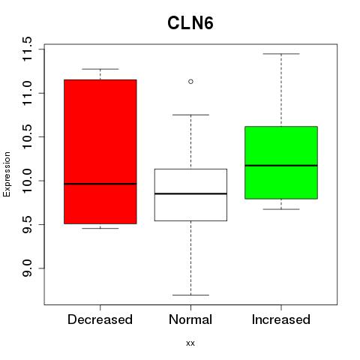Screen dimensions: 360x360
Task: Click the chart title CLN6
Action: click(x=190, y=23)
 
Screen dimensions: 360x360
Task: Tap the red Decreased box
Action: click(x=100, y=151)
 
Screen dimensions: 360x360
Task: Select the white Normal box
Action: click(x=190, y=195)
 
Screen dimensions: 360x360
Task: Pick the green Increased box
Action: click(x=281, y=163)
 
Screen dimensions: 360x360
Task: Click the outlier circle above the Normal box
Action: click(x=190, y=82)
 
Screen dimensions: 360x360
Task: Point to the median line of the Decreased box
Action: click(x=100, y=184)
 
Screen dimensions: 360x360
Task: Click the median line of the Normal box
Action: click(x=190, y=193)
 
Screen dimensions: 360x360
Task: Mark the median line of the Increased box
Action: click(x=281, y=166)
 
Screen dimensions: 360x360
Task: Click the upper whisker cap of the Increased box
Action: click(x=281, y=54)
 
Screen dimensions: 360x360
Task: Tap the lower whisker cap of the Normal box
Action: click(x=190, y=295)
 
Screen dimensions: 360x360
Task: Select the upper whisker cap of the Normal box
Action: click(x=190, y=115)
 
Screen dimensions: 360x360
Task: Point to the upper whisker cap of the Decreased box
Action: click(x=100, y=69)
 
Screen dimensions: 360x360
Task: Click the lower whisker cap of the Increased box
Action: click(x=281, y=209)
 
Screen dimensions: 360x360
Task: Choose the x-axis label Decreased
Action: click(x=100, y=319)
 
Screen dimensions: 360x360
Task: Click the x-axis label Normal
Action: click(x=190, y=319)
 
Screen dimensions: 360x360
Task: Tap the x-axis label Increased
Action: click(x=281, y=319)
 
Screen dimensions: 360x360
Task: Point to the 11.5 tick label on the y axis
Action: click(x=27, y=49)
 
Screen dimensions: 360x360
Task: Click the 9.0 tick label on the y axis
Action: click(x=27, y=268)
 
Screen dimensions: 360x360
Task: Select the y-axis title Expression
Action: click(x=7, y=174)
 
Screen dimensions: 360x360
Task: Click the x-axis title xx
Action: click(x=190, y=343)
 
